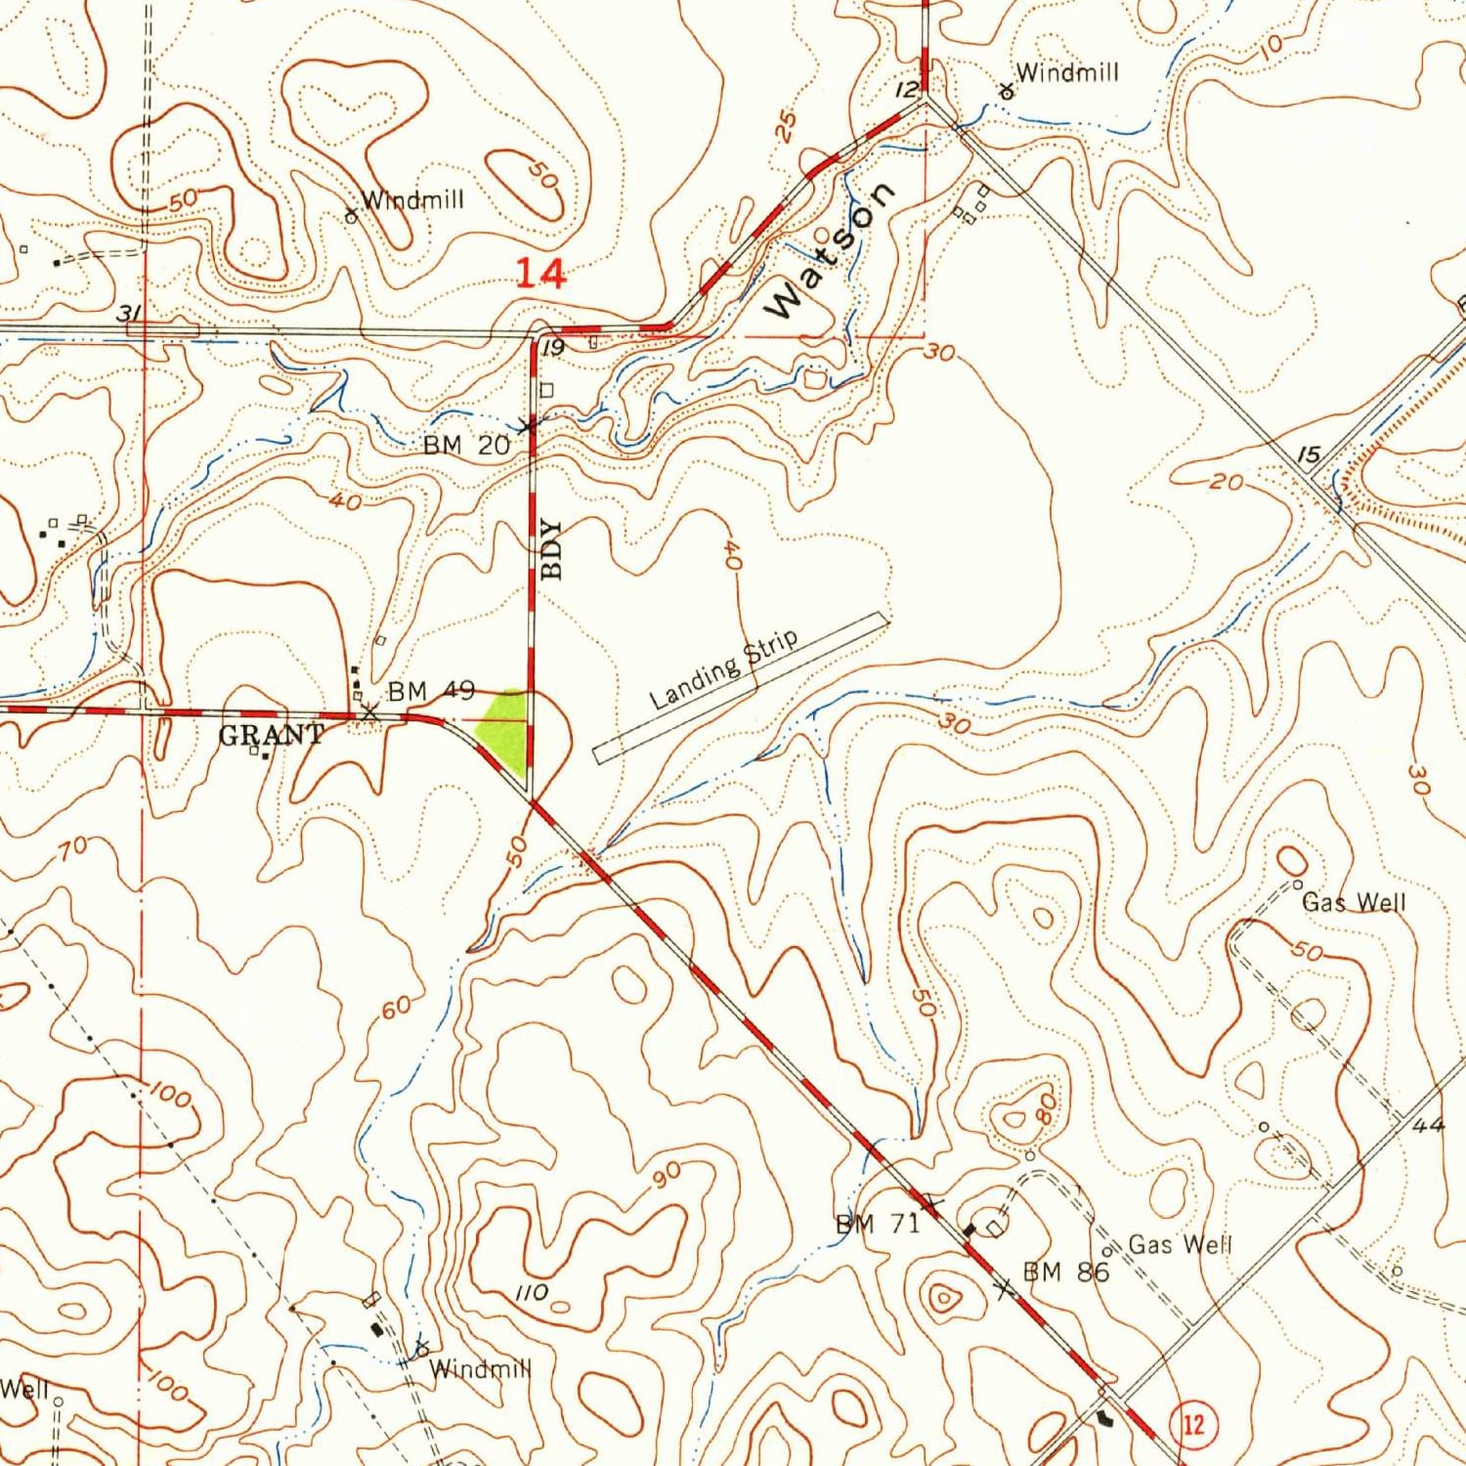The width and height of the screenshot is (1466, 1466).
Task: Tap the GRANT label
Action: click(271, 734)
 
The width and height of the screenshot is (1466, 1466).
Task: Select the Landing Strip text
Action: click(724, 668)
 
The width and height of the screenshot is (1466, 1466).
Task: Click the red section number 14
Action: click(540, 274)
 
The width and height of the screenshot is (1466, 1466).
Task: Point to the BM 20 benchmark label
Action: click(466, 446)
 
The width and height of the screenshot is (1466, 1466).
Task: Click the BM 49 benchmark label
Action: click(431, 691)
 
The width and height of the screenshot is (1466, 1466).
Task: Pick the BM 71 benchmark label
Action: click(877, 1224)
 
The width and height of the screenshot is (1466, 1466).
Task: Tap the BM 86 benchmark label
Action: click(1065, 1272)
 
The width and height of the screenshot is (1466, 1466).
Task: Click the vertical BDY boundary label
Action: click(552, 549)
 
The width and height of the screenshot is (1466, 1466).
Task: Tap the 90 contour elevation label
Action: click(667, 1177)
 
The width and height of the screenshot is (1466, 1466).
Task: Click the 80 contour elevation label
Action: click(1046, 1107)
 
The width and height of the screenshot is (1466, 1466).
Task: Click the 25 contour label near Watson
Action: click(786, 125)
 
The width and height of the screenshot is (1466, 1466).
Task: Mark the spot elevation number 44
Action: click(1428, 1125)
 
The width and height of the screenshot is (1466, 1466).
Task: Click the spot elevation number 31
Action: click(128, 313)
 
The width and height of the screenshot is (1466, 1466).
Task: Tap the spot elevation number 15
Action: click(1309, 454)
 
